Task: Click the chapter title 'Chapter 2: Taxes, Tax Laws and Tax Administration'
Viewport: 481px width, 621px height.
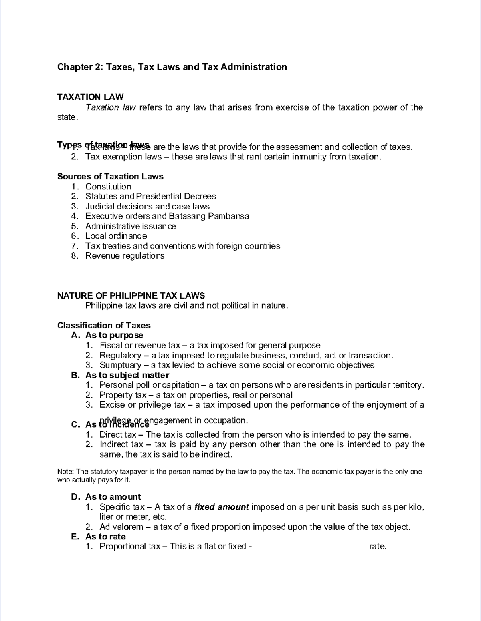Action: tap(172, 67)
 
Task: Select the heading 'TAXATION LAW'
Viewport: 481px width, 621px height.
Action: tap(90, 97)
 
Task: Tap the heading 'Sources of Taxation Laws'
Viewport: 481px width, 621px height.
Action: tap(110, 177)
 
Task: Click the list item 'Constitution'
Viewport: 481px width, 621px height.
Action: tap(108, 187)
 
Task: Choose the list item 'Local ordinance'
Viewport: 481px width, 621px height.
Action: tap(116, 236)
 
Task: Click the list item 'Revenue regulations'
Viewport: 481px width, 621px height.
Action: tap(125, 256)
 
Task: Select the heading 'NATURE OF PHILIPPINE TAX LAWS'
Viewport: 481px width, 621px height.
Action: tap(131, 296)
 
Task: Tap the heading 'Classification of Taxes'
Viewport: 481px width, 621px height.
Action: tap(104, 325)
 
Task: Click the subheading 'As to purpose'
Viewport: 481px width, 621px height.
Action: tap(114, 335)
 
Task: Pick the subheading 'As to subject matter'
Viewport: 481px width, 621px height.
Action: tap(127, 375)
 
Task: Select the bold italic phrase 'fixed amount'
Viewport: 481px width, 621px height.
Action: tap(222, 507)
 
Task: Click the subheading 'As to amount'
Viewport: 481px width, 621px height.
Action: tap(113, 497)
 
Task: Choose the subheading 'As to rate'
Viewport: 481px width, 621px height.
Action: tap(105, 537)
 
